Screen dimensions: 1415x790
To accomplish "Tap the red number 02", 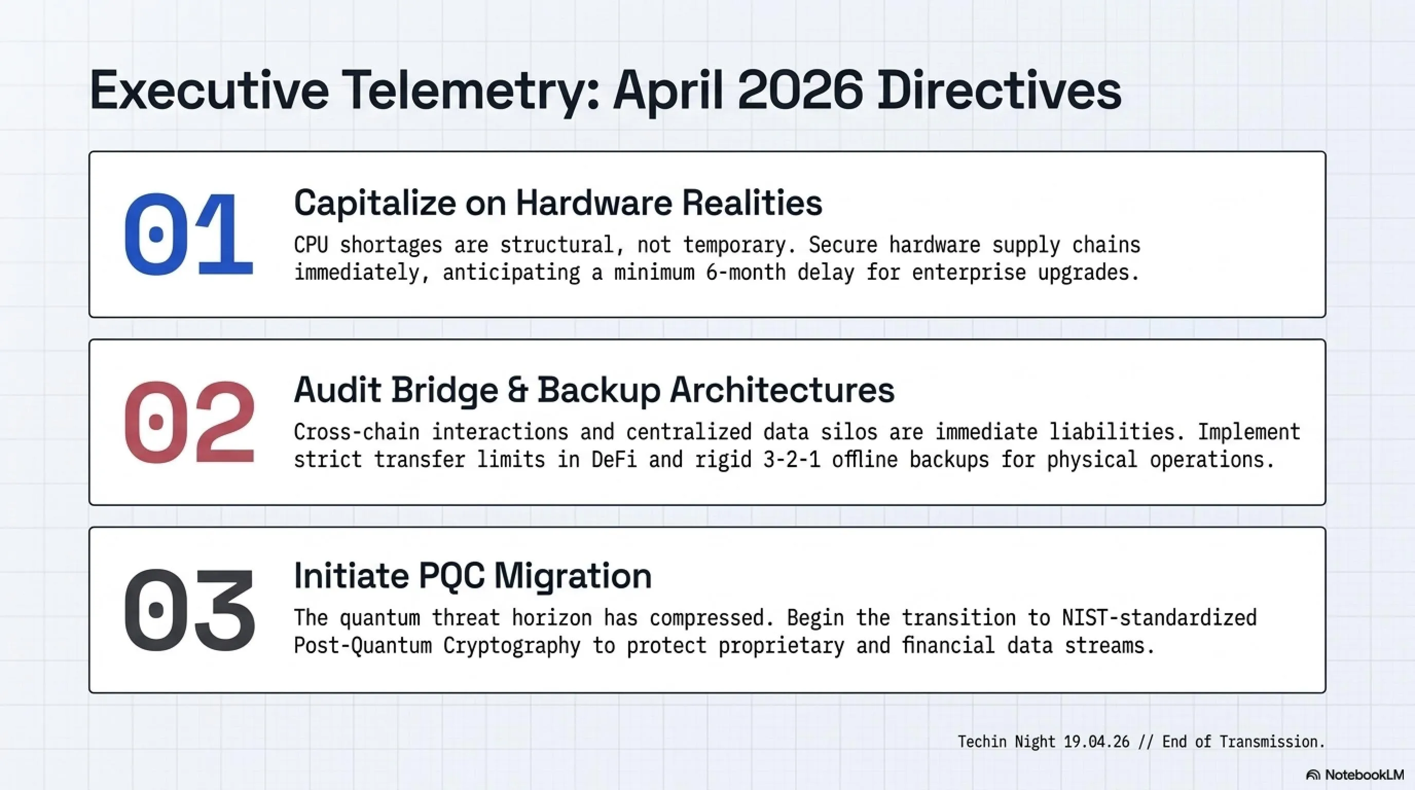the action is click(190, 422).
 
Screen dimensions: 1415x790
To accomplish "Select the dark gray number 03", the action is click(190, 609).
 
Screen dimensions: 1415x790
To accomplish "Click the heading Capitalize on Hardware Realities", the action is click(558, 203).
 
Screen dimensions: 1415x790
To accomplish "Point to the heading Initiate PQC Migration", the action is click(473, 576).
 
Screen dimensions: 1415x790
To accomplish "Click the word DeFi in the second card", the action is click(614, 459).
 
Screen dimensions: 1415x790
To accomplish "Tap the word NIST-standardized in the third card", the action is click(1159, 618).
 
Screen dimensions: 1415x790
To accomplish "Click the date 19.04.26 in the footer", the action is click(1096, 742).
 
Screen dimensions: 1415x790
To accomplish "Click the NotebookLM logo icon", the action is click(1313, 775).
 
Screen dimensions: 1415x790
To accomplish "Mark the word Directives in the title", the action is click(999, 91).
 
